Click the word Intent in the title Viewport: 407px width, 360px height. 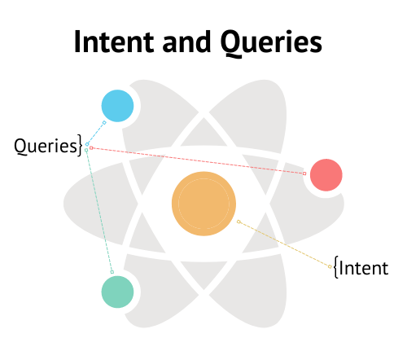tap(114, 42)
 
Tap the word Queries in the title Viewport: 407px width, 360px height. tap(271, 43)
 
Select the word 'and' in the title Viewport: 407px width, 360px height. tap(186, 42)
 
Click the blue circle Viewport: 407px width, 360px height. tap(117, 106)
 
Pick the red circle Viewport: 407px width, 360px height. tap(326, 175)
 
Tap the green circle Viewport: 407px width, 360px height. tap(117, 292)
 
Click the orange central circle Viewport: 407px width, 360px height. tap(203, 204)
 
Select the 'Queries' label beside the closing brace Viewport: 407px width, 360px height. tap(46, 147)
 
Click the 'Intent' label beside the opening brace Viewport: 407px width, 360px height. tap(364, 268)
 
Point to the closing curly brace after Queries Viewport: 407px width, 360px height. tap(80, 145)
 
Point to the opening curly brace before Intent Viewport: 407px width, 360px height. tap(336, 267)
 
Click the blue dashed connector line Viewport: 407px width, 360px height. tap(95, 134)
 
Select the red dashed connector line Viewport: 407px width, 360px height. tap(198, 160)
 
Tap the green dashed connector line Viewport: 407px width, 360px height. tap(99, 211)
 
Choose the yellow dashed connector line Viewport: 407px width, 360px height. tap(284, 244)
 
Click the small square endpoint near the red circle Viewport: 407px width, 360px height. tap(304, 173)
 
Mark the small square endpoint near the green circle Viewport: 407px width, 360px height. tap(112, 272)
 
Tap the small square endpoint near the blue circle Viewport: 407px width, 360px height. tap(104, 123)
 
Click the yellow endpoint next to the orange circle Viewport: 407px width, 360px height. tap(239, 222)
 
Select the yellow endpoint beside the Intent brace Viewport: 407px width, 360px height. tap(330, 266)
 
